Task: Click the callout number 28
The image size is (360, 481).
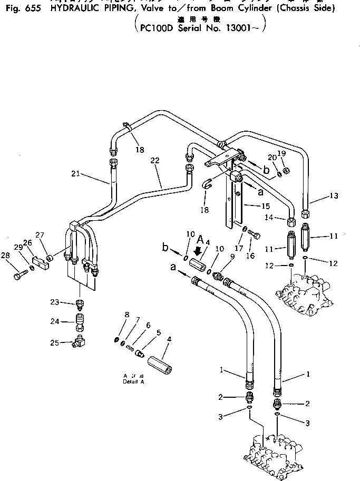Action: [x=6, y=256]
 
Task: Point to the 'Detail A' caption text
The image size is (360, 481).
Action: [x=133, y=380]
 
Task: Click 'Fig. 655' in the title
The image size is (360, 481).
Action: [x=21, y=9]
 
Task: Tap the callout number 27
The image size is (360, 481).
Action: [x=39, y=235]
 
